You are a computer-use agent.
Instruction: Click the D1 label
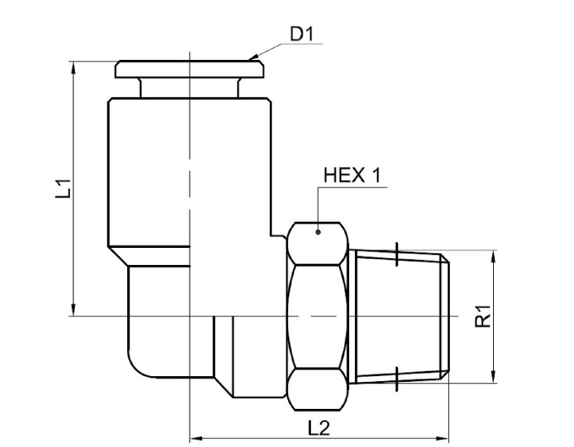click(x=302, y=35)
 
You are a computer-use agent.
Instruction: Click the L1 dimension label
click(x=63, y=188)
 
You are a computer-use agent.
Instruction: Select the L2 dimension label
click(x=319, y=428)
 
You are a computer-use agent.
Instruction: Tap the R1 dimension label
click(x=482, y=316)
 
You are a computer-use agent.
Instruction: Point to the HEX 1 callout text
click(x=352, y=175)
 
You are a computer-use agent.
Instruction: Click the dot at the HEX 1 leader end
click(x=318, y=232)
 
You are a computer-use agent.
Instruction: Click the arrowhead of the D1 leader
click(x=254, y=57)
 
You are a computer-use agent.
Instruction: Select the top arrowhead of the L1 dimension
click(x=74, y=67)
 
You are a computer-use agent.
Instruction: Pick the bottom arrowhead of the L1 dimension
click(x=74, y=310)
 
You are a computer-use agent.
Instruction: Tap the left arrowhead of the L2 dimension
click(x=196, y=438)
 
